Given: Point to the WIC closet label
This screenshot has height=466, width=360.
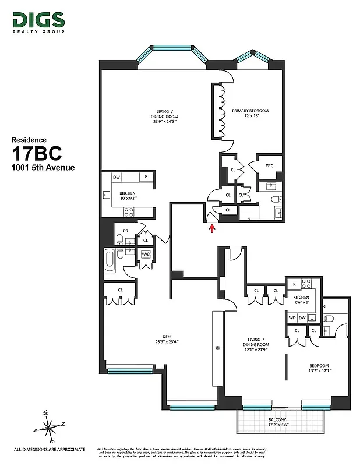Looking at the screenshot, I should [x=270, y=165].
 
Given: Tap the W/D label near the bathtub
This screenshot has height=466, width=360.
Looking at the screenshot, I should [x=146, y=254].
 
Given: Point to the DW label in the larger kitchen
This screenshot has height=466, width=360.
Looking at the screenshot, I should [x=117, y=176].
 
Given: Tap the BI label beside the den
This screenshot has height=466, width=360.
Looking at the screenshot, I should [x=217, y=348].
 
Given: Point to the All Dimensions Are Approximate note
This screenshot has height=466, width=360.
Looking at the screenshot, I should [x=50, y=449].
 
